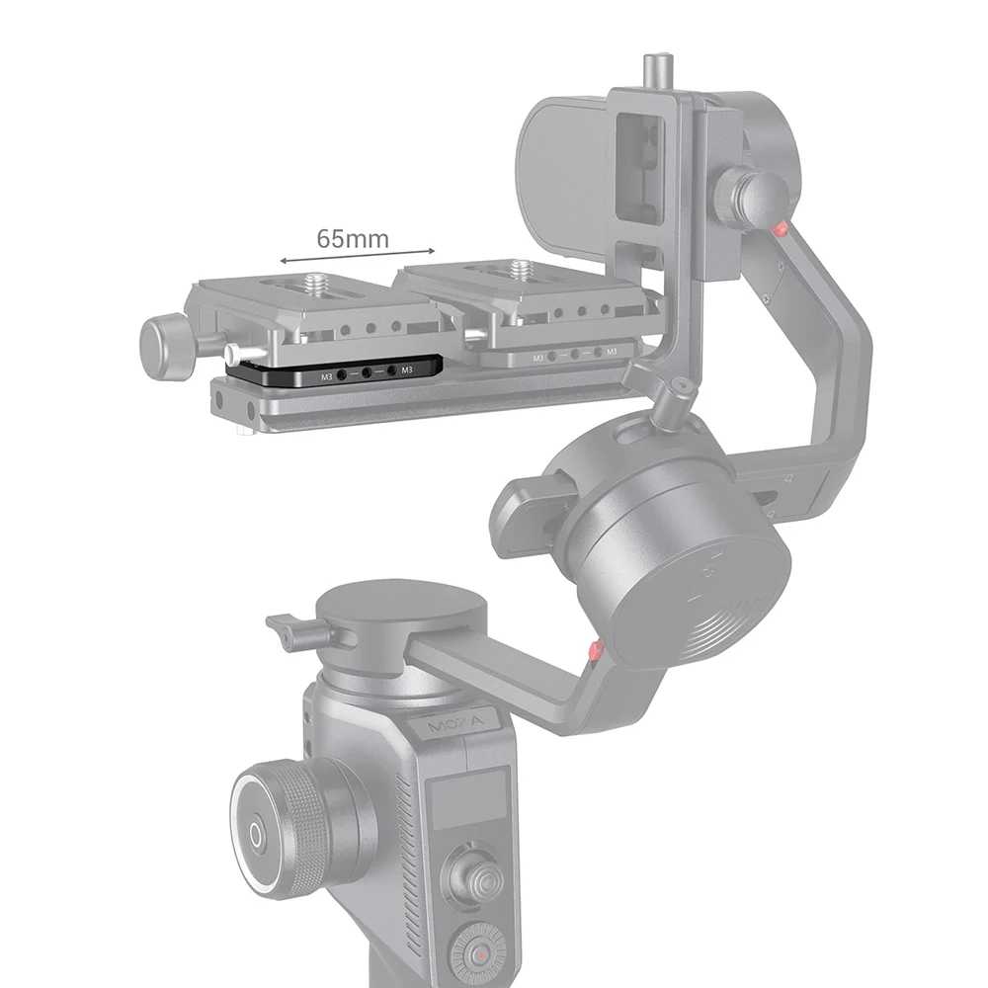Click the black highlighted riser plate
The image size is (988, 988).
(x=337, y=372)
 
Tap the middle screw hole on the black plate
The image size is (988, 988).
(x=366, y=373)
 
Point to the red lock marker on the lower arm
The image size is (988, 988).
(x=593, y=651)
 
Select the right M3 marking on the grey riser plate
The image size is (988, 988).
(x=611, y=351)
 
